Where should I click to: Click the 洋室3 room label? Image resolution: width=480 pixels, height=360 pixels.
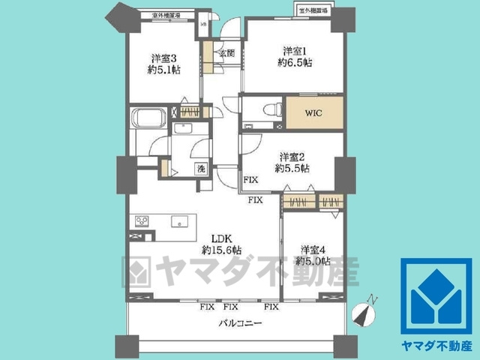pyautogui.click(x=163, y=58)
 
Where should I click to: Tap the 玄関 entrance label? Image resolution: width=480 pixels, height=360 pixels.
pyautogui.click(x=226, y=53)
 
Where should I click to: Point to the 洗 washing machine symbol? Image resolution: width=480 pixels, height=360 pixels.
pyautogui.click(x=201, y=169)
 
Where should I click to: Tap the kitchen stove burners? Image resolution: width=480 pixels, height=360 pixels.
pyautogui.click(x=142, y=221)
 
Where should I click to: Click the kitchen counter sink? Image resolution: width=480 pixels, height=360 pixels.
pyautogui.click(x=178, y=221)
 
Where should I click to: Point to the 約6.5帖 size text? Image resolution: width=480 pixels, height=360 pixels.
pyautogui.click(x=295, y=64)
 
